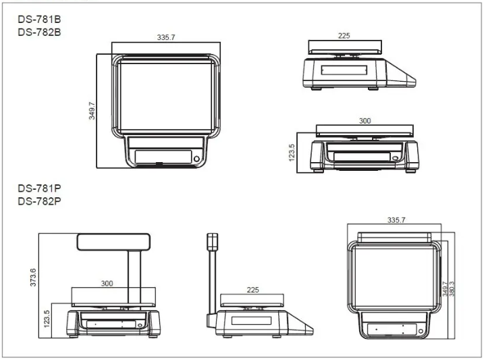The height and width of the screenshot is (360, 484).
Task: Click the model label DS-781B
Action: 39,20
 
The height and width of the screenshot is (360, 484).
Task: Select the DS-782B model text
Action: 39,32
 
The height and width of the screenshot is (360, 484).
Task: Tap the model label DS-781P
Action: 39,188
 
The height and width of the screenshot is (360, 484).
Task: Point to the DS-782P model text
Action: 39,200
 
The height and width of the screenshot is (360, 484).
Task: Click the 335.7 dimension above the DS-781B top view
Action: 166,38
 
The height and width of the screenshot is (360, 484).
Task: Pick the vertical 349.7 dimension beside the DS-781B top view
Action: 92,111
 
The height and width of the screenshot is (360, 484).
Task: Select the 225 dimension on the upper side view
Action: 344,36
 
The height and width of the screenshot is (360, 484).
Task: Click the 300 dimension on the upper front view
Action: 365,121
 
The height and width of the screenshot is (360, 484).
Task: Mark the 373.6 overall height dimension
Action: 32,276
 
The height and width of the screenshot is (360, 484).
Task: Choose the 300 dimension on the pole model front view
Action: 107,284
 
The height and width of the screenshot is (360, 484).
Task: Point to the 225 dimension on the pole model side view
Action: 252,290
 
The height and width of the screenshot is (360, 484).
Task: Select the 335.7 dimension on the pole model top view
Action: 397,221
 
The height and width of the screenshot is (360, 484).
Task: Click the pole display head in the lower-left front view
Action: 113,240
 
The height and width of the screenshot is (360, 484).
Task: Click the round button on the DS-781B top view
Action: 196,159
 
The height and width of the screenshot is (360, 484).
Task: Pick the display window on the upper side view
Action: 344,71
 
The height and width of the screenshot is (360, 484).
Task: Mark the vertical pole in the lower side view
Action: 213,277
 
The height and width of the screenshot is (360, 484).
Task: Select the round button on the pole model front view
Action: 140,325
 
